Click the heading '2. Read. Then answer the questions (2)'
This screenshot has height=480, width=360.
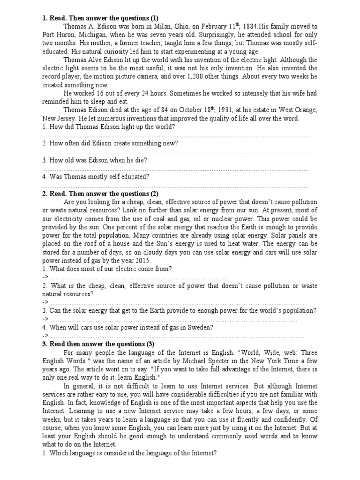click(100, 194)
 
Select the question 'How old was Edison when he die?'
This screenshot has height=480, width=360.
click(94, 160)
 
